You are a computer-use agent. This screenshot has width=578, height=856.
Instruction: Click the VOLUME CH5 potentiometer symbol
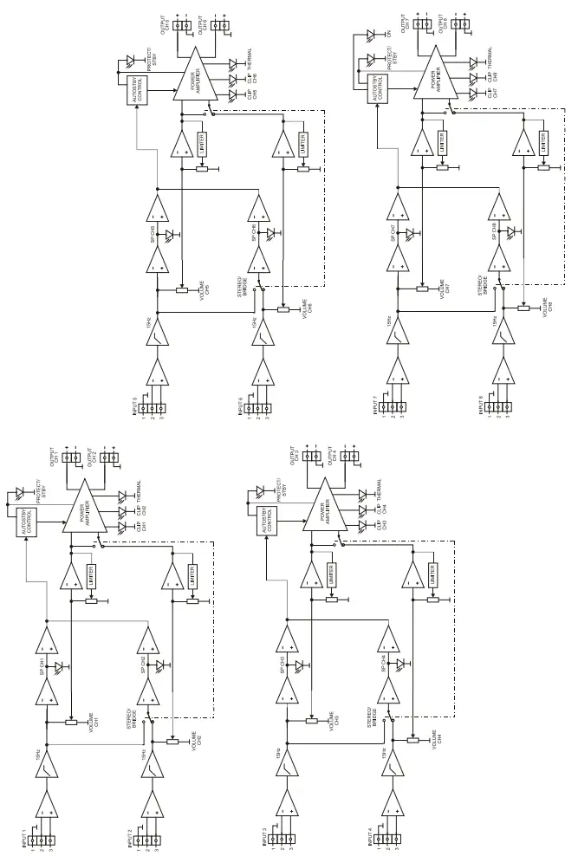pyautogui.click(x=181, y=291)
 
